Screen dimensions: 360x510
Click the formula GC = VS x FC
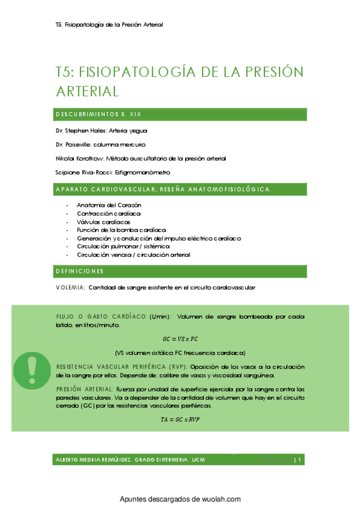click(x=180, y=339)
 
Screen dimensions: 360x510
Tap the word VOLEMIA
click(x=70, y=287)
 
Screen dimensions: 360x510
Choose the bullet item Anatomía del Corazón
click(x=105, y=205)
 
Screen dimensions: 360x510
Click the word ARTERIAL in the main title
click(x=87, y=91)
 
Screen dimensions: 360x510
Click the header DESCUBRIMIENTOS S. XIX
click(x=99, y=114)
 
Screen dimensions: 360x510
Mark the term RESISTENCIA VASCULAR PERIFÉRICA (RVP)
click(x=122, y=366)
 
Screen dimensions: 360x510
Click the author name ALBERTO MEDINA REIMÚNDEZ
click(x=92, y=460)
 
